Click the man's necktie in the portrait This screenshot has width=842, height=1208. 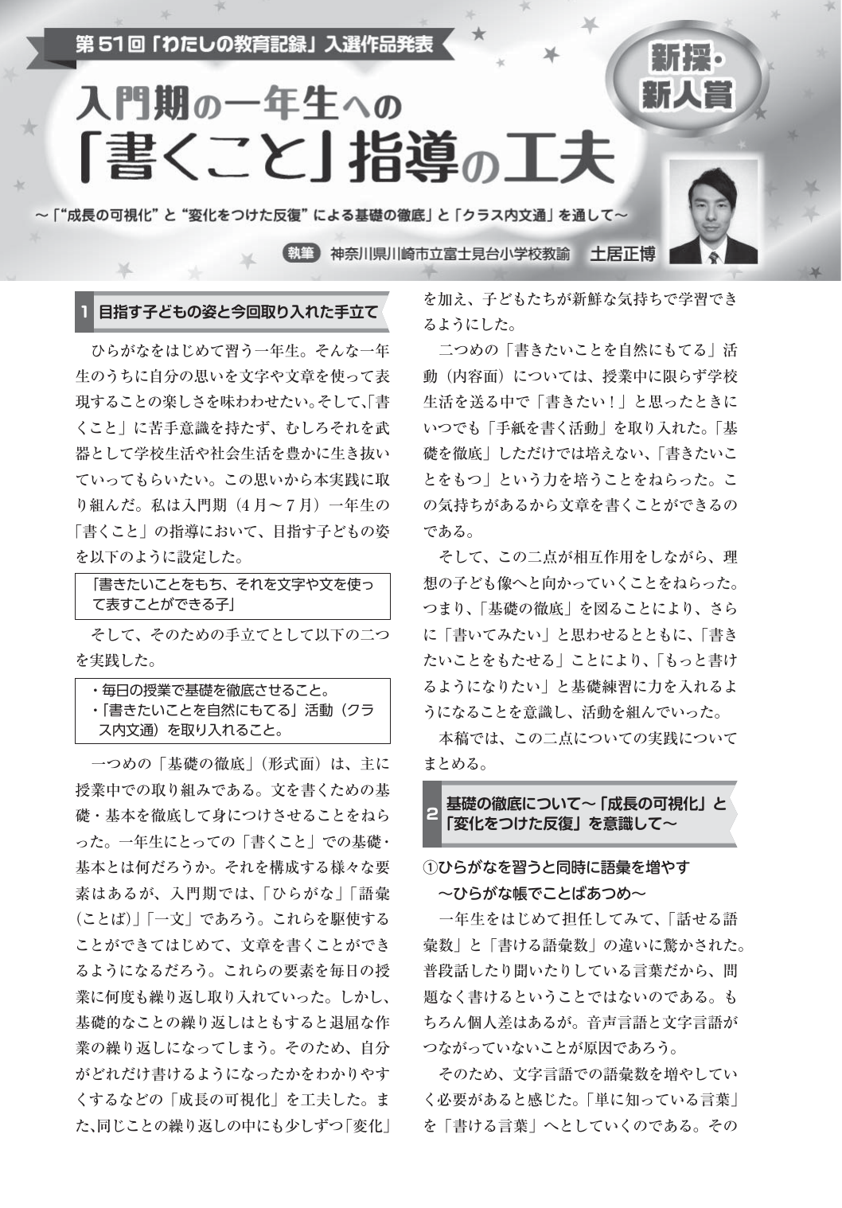coord(713,257)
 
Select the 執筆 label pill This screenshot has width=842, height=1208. coord(301,254)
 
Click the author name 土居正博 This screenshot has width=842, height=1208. coord(622,254)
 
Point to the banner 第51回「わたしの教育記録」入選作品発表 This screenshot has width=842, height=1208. coord(254,45)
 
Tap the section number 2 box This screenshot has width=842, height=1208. coord(431,814)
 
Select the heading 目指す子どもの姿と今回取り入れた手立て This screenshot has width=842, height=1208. coord(237,310)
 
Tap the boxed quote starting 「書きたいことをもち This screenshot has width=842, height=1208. coord(232,595)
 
